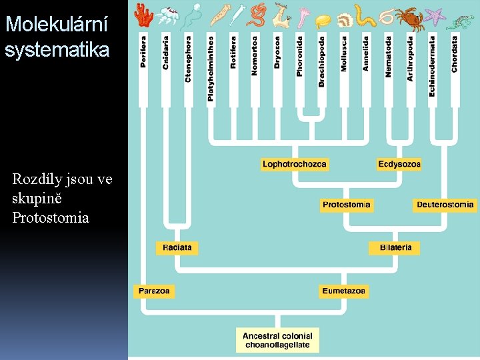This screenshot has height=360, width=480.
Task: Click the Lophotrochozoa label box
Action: click(x=294, y=164)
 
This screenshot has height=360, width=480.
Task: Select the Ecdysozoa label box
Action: click(x=399, y=164)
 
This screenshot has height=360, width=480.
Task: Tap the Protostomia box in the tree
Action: click(x=346, y=205)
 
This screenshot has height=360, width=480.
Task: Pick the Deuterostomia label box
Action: click(x=445, y=205)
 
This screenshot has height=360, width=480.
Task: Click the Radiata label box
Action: click(x=177, y=247)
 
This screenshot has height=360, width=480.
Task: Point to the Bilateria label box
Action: click(x=395, y=247)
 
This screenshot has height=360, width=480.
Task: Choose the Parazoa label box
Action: click(x=154, y=291)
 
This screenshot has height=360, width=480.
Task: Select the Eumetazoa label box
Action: click(x=343, y=291)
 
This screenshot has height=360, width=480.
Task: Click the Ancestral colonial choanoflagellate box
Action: click(x=277, y=339)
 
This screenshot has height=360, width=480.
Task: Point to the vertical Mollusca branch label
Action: click(x=344, y=53)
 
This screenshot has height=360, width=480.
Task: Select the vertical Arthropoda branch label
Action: click(x=410, y=59)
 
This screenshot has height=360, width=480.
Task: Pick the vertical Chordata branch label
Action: click(x=455, y=54)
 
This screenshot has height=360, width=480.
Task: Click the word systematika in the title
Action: click(x=57, y=50)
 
